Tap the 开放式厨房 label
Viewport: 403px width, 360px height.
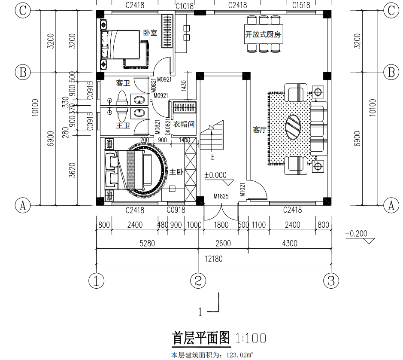pos(263,34)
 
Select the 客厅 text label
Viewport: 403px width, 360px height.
pos(260,130)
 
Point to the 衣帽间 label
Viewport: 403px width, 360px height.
pos(184,124)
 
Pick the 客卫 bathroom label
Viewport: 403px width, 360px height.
pos(123,83)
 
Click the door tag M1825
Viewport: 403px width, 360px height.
pos(221,196)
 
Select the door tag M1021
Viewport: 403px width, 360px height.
pos(242,189)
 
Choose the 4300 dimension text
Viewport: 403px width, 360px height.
pos(289,244)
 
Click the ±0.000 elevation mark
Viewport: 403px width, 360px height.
pos(215,175)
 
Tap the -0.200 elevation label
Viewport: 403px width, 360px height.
pos(356,234)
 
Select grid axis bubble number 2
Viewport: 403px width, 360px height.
pos(198,281)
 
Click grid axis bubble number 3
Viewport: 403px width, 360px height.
pos(331,281)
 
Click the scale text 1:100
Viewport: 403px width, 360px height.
pos(251,338)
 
